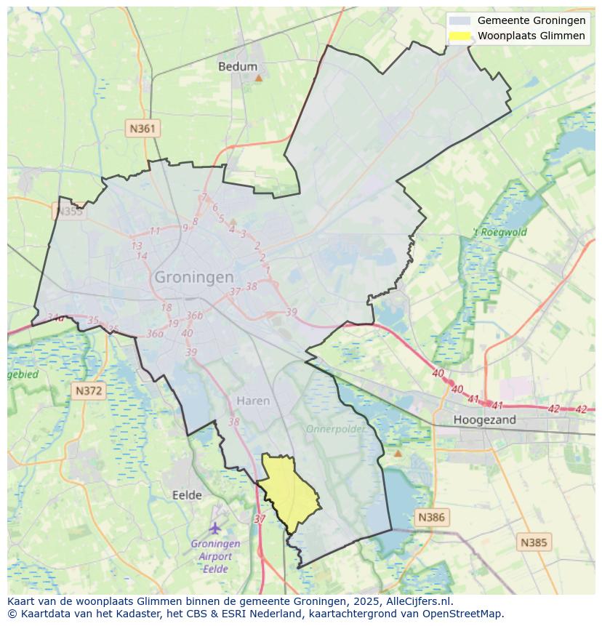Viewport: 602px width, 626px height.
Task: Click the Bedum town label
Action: (238, 66)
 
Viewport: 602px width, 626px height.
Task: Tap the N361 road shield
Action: (142, 129)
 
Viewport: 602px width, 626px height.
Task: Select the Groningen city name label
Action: (194, 277)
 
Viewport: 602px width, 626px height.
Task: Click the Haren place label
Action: (253, 401)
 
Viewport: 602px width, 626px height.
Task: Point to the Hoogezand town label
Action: (484, 420)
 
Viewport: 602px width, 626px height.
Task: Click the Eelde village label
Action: (187, 495)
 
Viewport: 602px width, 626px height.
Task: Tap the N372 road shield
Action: (89, 390)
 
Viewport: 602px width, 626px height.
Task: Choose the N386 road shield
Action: (431, 518)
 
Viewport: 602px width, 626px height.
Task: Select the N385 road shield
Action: (534, 542)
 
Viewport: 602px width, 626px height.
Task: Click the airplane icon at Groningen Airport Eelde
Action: (214, 527)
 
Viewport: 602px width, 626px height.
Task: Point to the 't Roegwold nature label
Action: (499, 233)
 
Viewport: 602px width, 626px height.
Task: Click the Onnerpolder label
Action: (335, 429)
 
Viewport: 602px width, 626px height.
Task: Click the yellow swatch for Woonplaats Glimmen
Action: (459, 36)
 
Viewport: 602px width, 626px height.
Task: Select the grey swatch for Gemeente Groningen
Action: (459, 21)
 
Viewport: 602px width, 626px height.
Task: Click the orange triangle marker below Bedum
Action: (258, 78)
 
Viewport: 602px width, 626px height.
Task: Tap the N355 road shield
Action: (69, 212)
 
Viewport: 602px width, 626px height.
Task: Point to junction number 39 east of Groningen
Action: (292, 312)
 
